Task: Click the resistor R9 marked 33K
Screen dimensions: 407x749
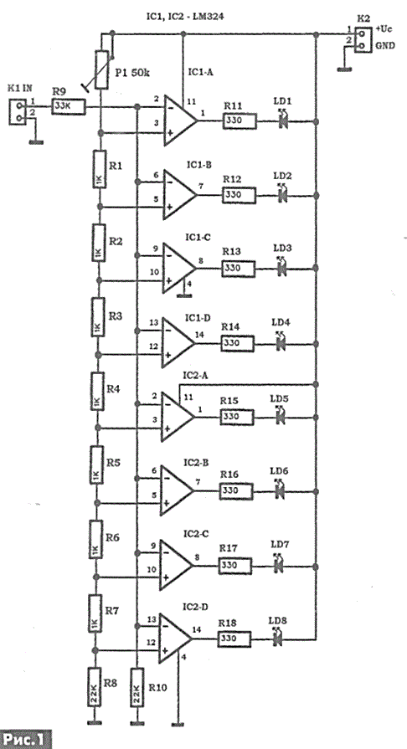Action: point(69,107)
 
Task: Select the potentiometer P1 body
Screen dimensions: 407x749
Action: point(102,69)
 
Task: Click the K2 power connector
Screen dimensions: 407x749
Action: point(362,39)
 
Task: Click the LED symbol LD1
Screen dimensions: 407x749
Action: point(282,121)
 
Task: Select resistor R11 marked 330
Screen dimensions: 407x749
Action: point(240,121)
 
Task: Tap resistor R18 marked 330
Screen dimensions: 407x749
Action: point(234,639)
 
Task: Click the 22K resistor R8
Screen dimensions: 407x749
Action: point(95,688)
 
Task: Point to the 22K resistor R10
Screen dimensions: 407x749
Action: point(137,688)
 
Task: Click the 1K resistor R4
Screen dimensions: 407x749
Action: point(96,392)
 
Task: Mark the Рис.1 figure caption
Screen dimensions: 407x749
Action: point(24,739)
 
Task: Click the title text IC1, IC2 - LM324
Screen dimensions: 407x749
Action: point(185,18)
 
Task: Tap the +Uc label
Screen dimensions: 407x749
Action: point(383,29)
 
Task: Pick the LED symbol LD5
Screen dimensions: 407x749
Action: point(281,416)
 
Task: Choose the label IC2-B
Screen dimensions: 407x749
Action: point(193,463)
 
